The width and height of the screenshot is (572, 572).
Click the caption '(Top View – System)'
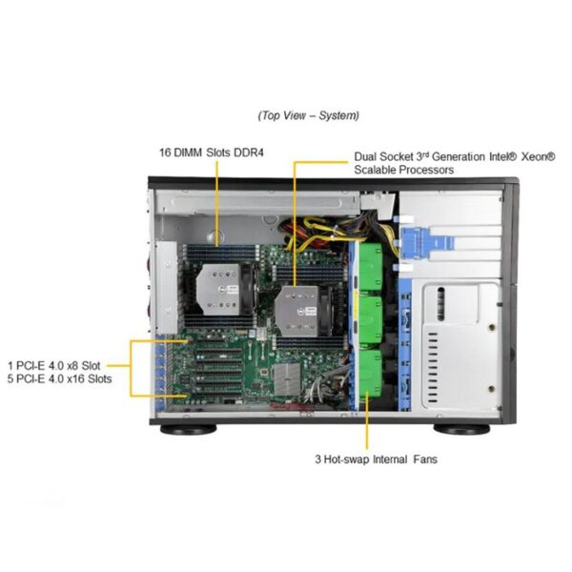tap(308, 115)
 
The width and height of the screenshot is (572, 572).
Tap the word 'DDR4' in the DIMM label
tap(248, 153)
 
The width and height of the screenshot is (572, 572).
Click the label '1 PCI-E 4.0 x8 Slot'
tap(54, 365)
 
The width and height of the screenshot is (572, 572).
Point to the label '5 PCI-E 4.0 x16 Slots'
tap(59, 378)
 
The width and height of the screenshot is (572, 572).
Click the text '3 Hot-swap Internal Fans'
tap(377, 459)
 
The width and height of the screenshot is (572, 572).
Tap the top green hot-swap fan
tap(371, 266)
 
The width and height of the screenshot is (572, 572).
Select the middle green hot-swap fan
tap(371, 320)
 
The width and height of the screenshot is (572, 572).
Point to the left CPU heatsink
tap(218, 289)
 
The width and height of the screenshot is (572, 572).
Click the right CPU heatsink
tap(296, 311)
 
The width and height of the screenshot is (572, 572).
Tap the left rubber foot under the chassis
tap(188, 429)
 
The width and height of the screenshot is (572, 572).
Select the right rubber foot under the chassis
tap(461, 429)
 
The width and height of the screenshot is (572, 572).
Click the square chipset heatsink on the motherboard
tap(288, 379)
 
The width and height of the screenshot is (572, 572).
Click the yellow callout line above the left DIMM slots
tap(217, 203)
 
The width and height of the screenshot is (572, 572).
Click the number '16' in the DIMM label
tap(165, 153)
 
